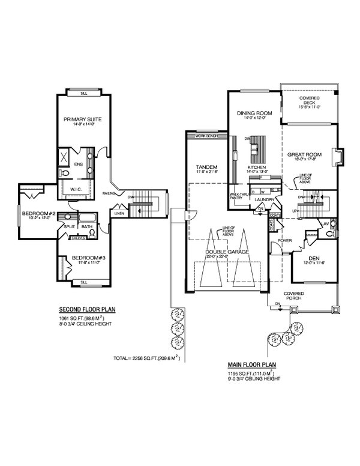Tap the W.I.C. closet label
coord(76,189)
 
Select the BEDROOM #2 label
coord(39,214)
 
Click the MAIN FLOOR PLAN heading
coord(252,365)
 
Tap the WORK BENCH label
coord(203,136)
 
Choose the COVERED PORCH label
coord(293,296)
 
